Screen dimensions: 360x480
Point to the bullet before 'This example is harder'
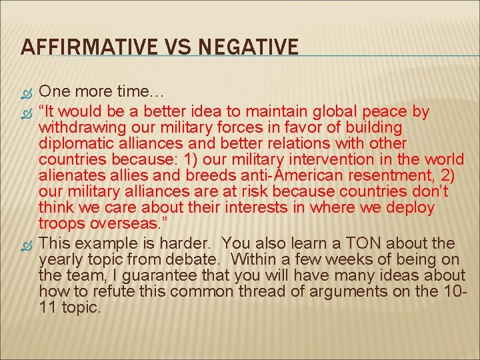pyautogui.click(x=27, y=243)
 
